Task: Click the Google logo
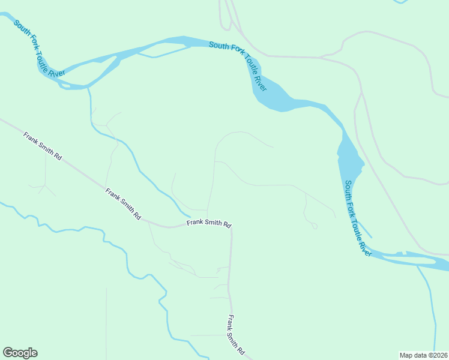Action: click(20, 353)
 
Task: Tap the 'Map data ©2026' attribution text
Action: click(423, 355)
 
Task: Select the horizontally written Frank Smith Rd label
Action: click(208, 223)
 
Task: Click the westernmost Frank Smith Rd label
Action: click(43, 146)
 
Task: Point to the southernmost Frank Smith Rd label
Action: click(236, 334)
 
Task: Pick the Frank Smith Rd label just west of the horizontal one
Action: click(124, 204)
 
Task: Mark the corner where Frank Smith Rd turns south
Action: click(231, 227)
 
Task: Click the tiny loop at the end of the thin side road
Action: click(314, 226)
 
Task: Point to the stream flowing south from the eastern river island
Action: click(431, 306)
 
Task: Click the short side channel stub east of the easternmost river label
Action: click(367, 232)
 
